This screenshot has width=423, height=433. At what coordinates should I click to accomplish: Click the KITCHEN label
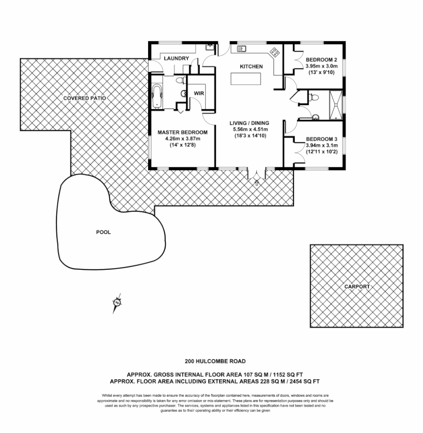pos(251,67)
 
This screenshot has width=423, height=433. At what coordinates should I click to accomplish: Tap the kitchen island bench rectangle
pos(246,79)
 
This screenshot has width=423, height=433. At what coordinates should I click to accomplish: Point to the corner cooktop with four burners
pos(274,52)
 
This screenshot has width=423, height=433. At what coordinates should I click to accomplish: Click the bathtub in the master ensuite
pos(157,96)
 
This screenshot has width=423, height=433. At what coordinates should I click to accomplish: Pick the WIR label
pos(199,94)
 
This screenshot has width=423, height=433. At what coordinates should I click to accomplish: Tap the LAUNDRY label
pos(176,58)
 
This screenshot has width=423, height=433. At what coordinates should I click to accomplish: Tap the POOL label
pos(103,232)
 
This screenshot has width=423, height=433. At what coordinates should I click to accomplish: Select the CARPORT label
pos(357,287)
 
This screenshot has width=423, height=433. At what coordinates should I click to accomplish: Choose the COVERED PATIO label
pos(84,98)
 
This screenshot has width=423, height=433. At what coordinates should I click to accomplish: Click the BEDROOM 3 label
pos(321,139)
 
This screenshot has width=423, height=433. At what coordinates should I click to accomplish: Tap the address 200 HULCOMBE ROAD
pos(215,361)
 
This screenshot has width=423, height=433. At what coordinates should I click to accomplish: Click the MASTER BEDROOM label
pos(182,132)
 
